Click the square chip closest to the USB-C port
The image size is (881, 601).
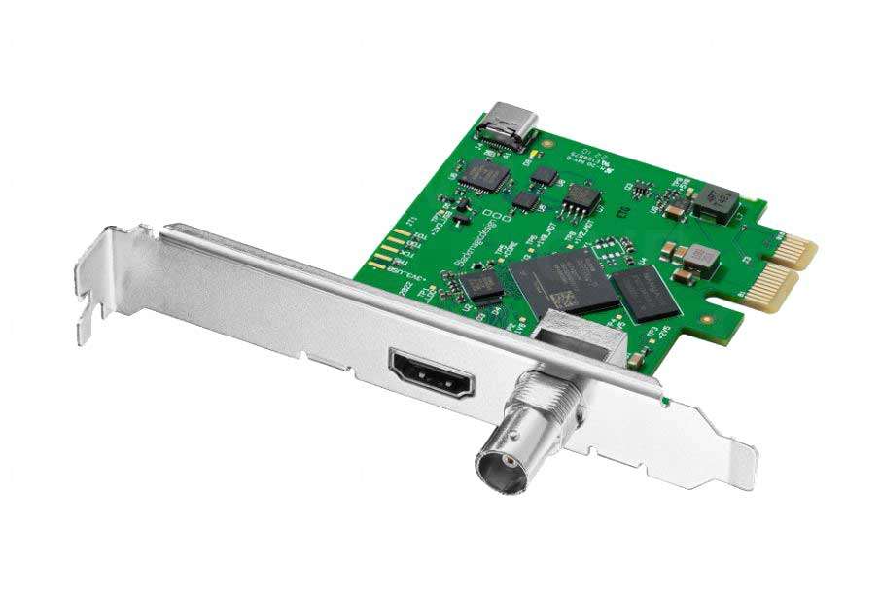tap(484, 175)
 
